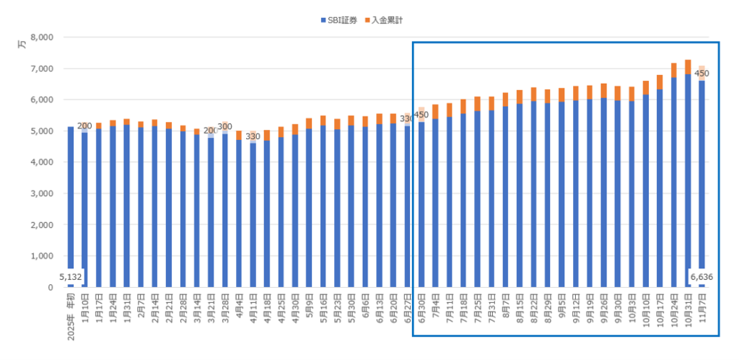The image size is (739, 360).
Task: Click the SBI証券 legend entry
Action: click(x=341, y=20)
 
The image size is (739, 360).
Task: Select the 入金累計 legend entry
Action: click(x=387, y=20)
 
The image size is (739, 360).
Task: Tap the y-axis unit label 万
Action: click(x=22, y=45)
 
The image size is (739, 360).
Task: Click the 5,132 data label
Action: click(x=71, y=276)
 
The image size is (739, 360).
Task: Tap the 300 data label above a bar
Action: click(x=224, y=126)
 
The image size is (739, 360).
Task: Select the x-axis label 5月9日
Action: click(x=309, y=307)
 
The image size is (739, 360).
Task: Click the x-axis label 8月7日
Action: click(x=505, y=307)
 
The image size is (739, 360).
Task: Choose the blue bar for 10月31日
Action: click(x=688, y=180)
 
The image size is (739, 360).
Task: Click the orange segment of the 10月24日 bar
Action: click(x=673, y=70)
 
